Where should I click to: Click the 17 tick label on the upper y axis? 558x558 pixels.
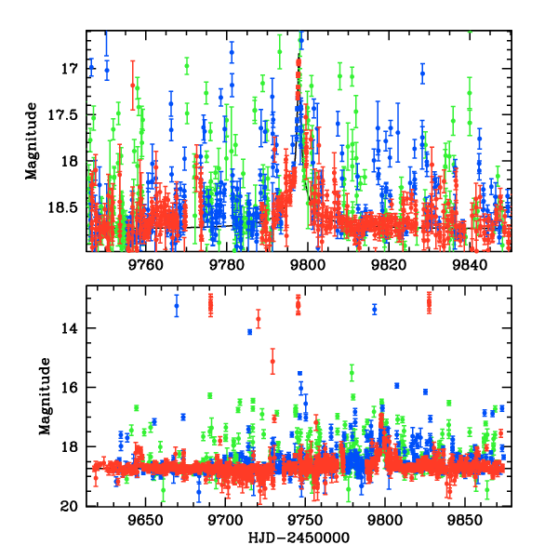tap(68, 69)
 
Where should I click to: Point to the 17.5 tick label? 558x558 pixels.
tap(61, 115)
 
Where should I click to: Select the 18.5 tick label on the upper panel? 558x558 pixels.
tap(61, 207)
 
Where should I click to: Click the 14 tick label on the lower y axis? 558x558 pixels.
tap(68, 328)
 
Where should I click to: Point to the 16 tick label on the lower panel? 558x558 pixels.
tap(68, 388)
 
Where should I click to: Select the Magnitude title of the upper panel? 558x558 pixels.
tap(32, 141)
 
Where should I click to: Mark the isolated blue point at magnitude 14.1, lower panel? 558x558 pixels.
tap(249, 332)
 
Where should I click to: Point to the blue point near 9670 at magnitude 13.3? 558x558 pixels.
tap(177, 307)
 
